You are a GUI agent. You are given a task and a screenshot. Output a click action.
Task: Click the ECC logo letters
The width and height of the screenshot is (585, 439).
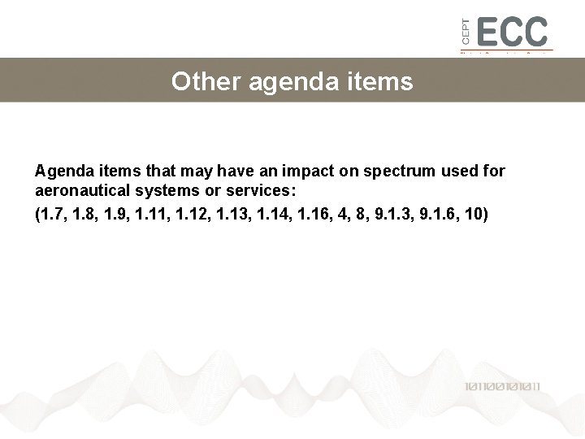click(513, 32)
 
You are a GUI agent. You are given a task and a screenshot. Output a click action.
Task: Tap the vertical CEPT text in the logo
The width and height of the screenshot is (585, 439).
click(466, 33)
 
